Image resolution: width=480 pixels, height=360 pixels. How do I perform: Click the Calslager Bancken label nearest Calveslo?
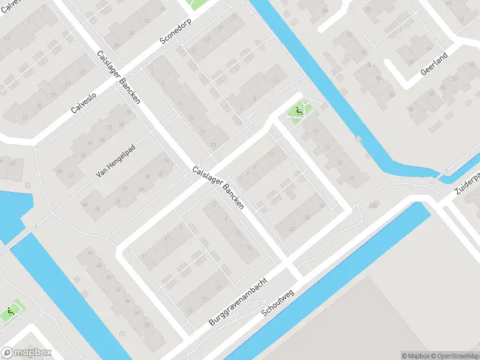point(118,77)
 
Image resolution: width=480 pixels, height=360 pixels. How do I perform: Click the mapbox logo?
point(26,353)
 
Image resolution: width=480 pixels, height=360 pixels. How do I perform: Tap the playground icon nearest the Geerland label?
point(298,110)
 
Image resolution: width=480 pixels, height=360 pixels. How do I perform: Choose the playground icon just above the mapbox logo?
point(11,312)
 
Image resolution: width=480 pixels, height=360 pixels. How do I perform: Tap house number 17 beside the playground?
point(315,132)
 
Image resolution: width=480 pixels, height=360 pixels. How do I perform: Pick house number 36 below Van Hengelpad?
point(141,190)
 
